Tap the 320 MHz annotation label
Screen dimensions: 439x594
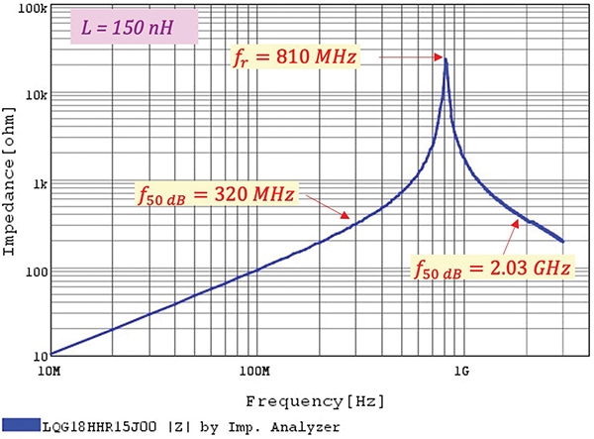217,193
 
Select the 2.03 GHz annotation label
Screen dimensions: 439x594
491,267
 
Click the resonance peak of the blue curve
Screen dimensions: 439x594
446,60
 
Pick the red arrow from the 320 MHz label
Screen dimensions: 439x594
324,204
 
